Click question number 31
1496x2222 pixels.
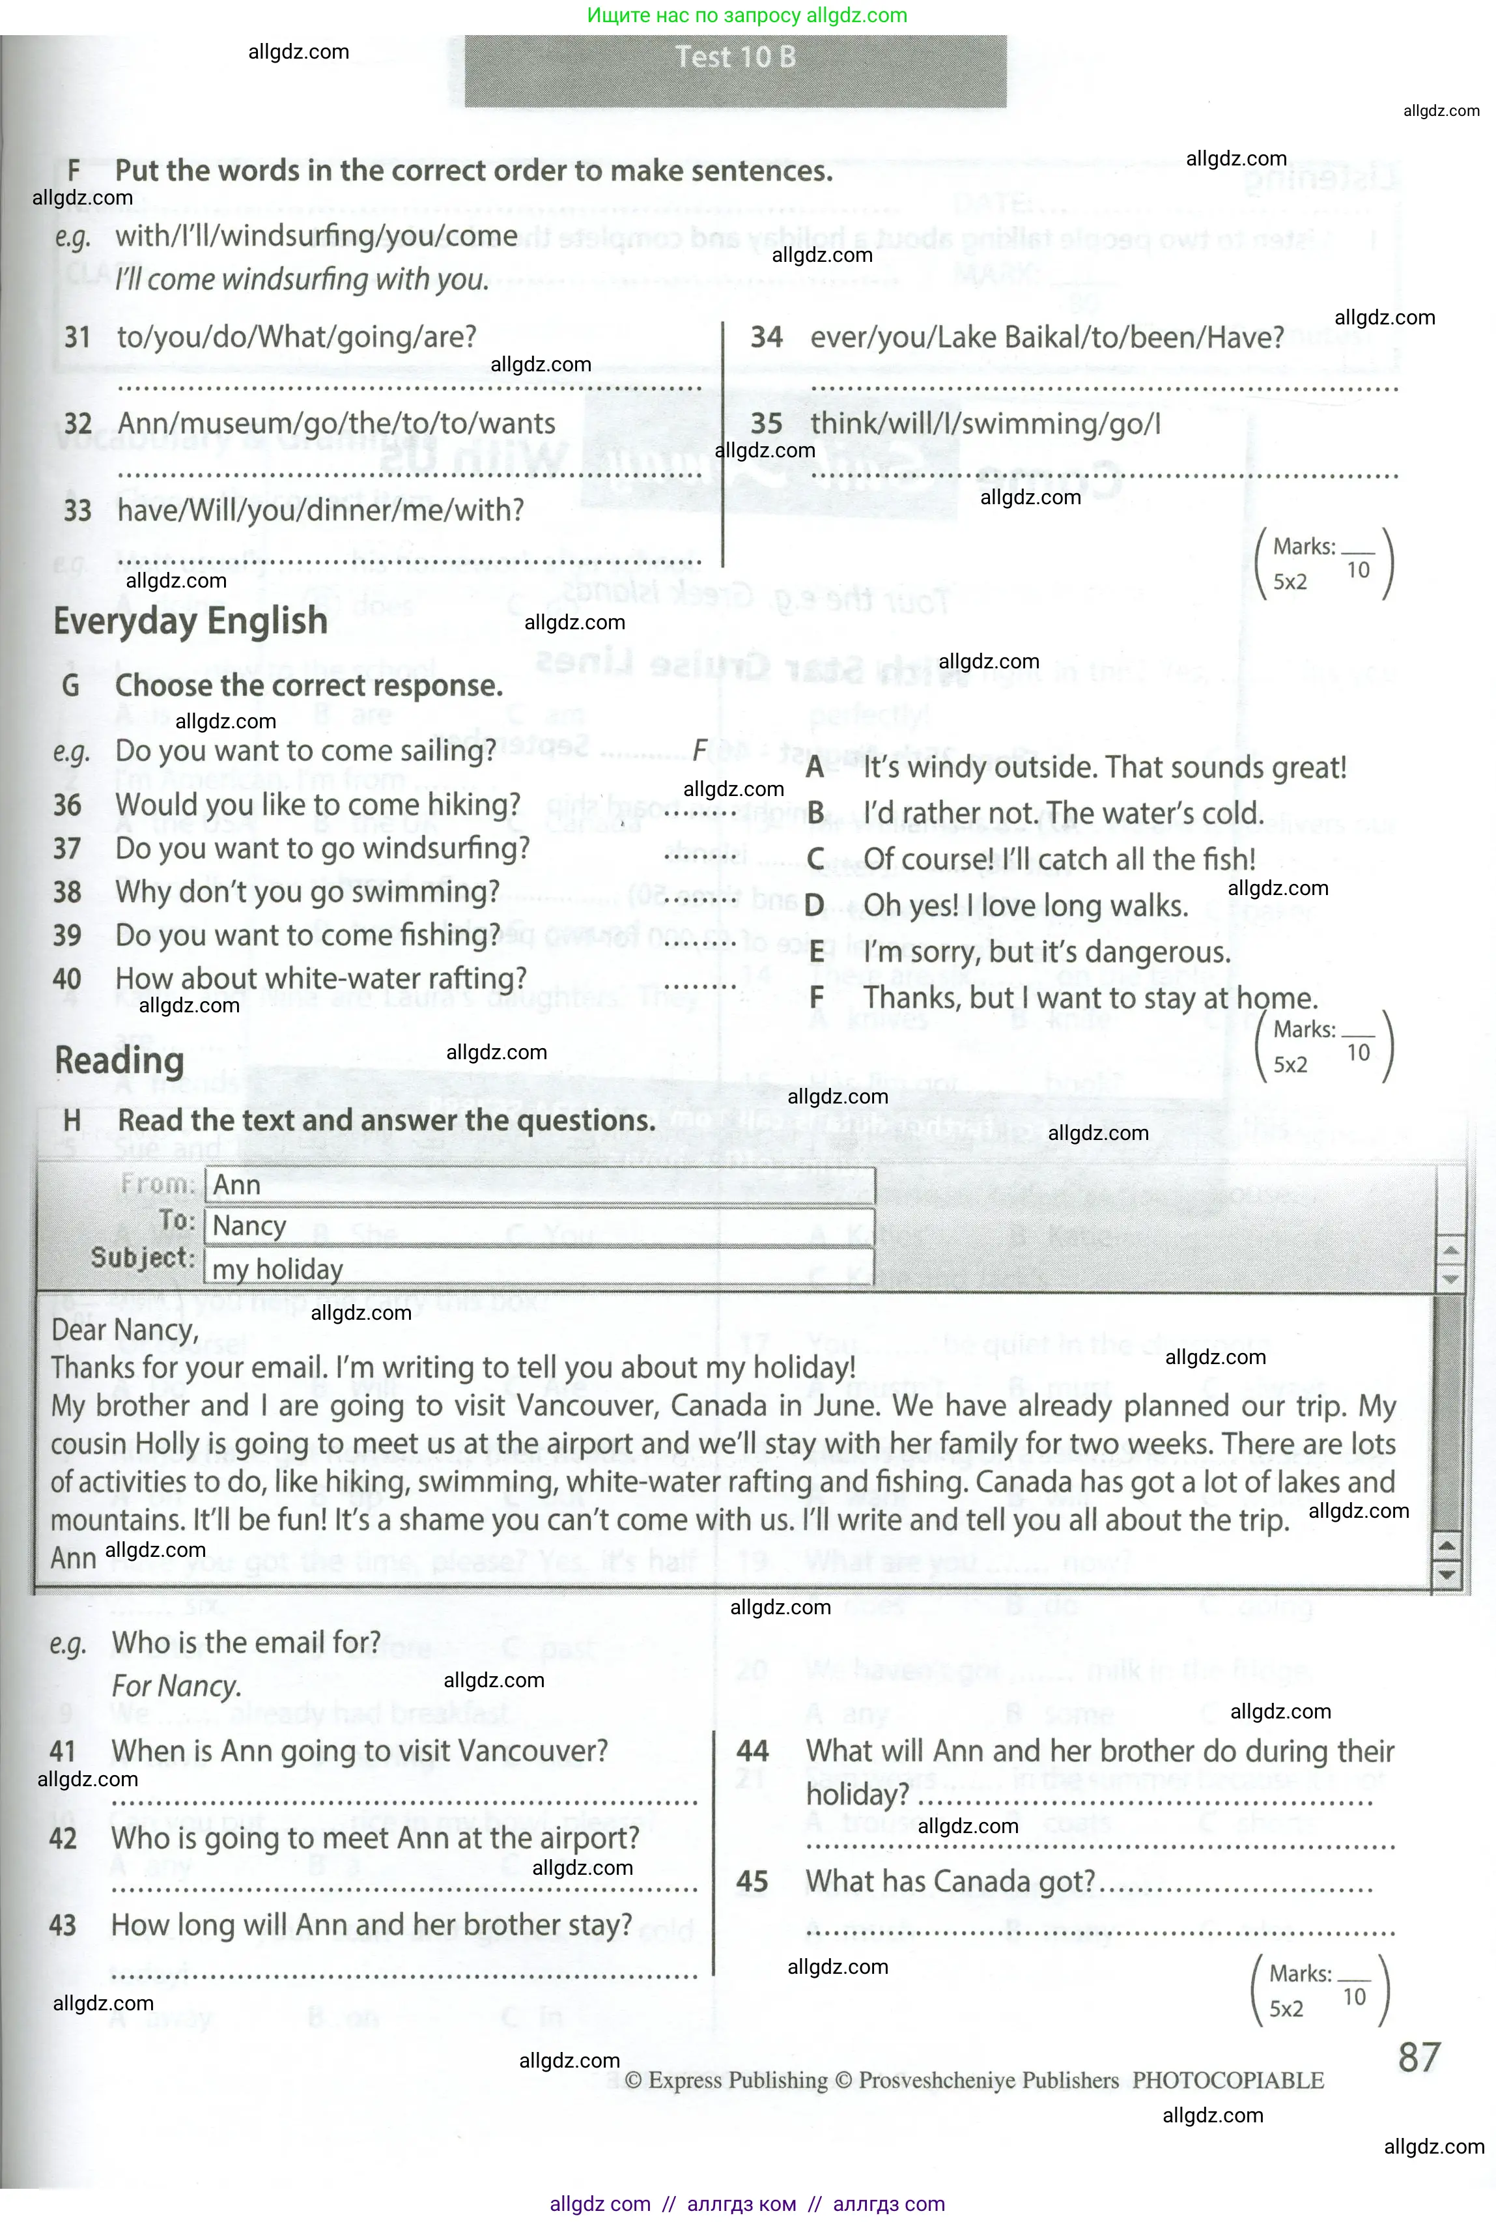(x=78, y=337)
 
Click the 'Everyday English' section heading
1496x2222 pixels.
(x=190, y=621)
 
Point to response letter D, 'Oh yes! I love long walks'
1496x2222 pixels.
(x=814, y=905)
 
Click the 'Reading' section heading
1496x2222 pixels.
(x=119, y=1061)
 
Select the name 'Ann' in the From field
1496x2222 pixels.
(x=236, y=1185)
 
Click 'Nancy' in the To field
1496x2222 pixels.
(x=249, y=1226)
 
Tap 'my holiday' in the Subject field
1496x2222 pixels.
(x=277, y=1270)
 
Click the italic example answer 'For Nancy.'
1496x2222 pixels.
(x=176, y=1687)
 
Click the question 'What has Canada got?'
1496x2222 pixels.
(x=950, y=1881)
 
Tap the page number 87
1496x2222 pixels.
(x=1418, y=2058)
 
